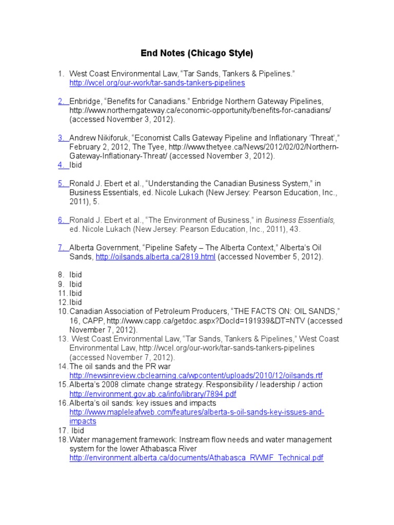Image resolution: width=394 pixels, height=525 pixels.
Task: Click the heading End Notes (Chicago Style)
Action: [x=197, y=53]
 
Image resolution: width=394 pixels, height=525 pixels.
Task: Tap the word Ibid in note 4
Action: [x=76, y=165]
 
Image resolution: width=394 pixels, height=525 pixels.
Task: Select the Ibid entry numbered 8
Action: [x=76, y=275]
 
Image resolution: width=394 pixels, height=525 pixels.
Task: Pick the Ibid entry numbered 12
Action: [x=76, y=302]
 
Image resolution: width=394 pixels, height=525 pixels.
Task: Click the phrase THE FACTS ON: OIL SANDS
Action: [x=286, y=312]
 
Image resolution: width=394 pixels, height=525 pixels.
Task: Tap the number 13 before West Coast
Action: [x=63, y=339]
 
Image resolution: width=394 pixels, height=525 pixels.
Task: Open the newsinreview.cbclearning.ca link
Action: [x=196, y=376]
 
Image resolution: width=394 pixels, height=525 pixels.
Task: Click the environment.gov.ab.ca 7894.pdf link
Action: [x=153, y=394]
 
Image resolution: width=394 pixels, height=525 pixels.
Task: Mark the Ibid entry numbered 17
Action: [x=77, y=431]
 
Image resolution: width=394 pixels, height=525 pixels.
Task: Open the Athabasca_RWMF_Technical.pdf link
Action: [x=196, y=458]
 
